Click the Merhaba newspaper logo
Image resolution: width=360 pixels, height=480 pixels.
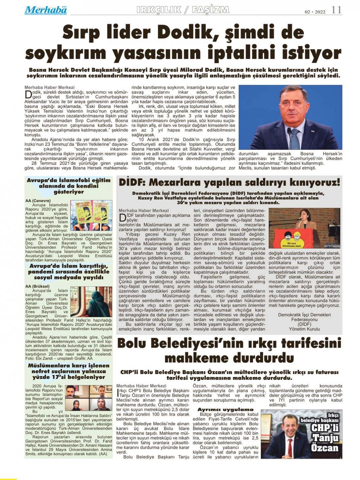pos(46,10)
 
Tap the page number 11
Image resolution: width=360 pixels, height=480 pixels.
pos(336,10)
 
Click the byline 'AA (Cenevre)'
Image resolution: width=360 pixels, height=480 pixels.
pos(38,201)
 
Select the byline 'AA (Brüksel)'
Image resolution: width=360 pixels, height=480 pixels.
pos(38,286)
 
